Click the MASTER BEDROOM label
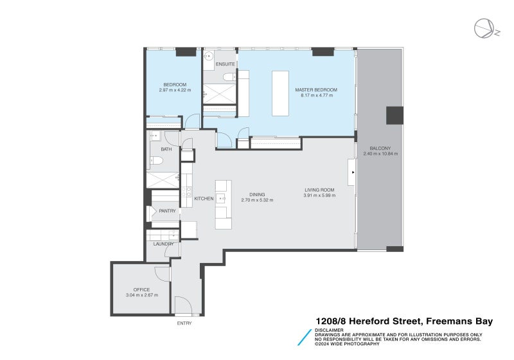(x=315, y=89)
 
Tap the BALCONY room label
(x=380, y=148)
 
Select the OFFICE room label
(x=141, y=289)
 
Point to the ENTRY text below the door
(x=184, y=323)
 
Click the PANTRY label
(x=167, y=211)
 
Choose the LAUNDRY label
(x=163, y=244)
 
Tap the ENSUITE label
(x=225, y=64)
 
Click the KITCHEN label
(x=204, y=199)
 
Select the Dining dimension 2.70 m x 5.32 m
(x=257, y=200)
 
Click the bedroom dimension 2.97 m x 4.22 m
(x=175, y=91)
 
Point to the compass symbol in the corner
(x=484, y=28)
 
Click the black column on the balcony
(x=394, y=116)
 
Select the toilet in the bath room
(x=156, y=161)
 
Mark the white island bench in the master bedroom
(x=281, y=93)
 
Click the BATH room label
(x=166, y=149)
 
